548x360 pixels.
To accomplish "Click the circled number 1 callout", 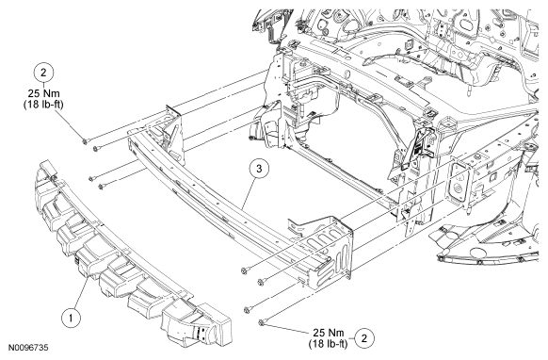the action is coord(72,319).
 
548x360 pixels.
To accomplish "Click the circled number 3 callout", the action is coord(259,169).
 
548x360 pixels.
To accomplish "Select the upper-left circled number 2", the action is coord(43,73).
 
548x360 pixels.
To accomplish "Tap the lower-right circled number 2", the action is coord(364,338).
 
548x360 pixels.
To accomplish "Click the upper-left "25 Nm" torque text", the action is coord(43,93).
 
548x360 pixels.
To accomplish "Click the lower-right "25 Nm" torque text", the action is coord(329,333).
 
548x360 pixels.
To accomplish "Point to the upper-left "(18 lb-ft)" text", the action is coord(43,105).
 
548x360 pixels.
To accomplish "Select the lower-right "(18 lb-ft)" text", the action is coord(329,344).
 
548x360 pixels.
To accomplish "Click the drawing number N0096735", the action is coord(28,348).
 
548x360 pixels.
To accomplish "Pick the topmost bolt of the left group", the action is coord(85,141).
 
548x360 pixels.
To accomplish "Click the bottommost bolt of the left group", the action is coord(102,187).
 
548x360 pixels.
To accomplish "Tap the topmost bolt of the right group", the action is coord(245,270).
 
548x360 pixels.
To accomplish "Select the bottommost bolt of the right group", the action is coord(262,322).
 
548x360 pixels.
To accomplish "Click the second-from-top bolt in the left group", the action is coord(95,150).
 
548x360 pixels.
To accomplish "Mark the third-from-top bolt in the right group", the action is coord(248,310).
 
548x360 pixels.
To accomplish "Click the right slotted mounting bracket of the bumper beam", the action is coord(323,249).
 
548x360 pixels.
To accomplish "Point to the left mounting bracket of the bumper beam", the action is coord(171,131).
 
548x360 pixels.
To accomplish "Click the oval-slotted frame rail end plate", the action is coord(458,184).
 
